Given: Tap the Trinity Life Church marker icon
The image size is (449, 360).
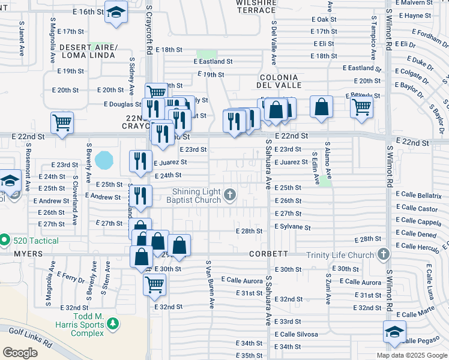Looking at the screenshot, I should pos(382,254).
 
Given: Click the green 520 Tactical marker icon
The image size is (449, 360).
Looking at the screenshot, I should pos(5,241).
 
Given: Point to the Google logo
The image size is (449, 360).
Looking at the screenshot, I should pos(20,353).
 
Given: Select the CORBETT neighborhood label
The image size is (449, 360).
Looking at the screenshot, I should pos(270,254).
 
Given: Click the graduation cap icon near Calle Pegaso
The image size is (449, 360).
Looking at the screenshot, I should pos(394,331).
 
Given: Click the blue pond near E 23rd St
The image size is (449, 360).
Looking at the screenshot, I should pos(104,160).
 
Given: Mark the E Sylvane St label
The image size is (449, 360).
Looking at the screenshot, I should pos(293,227).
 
